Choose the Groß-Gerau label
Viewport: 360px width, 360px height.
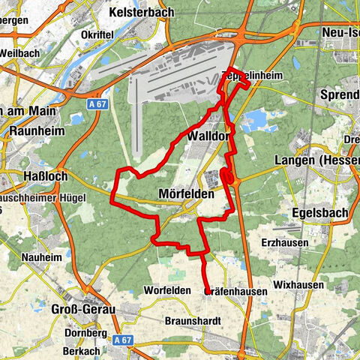[45, 309]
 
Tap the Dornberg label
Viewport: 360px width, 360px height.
[85, 332]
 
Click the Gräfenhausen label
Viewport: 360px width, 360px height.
[235, 292]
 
